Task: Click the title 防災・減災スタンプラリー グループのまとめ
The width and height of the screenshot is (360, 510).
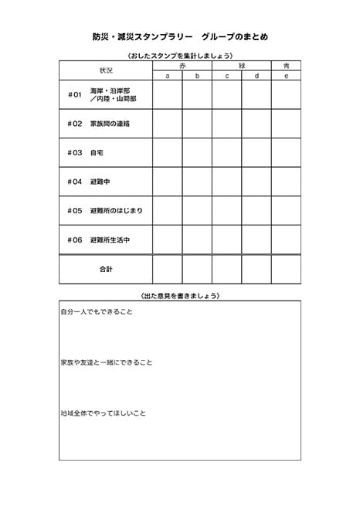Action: point(180,36)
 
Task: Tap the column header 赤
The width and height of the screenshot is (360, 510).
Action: point(182,66)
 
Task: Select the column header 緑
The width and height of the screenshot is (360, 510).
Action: point(241,66)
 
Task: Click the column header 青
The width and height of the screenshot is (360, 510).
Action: point(286,66)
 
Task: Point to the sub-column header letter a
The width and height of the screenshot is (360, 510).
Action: point(168,76)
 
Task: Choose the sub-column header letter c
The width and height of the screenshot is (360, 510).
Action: point(227,76)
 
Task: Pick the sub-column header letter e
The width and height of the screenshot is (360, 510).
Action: point(286,76)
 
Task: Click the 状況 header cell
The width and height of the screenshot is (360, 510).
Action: point(106,70)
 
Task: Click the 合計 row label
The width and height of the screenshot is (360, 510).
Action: point(106,269)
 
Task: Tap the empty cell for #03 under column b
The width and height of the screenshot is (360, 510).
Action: point(197,152)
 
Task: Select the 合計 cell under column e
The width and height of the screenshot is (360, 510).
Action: point(286,269)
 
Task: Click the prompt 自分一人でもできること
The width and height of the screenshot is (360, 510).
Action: point(97,311)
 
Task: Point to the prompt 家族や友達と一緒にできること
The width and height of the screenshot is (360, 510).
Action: point(107,362)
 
